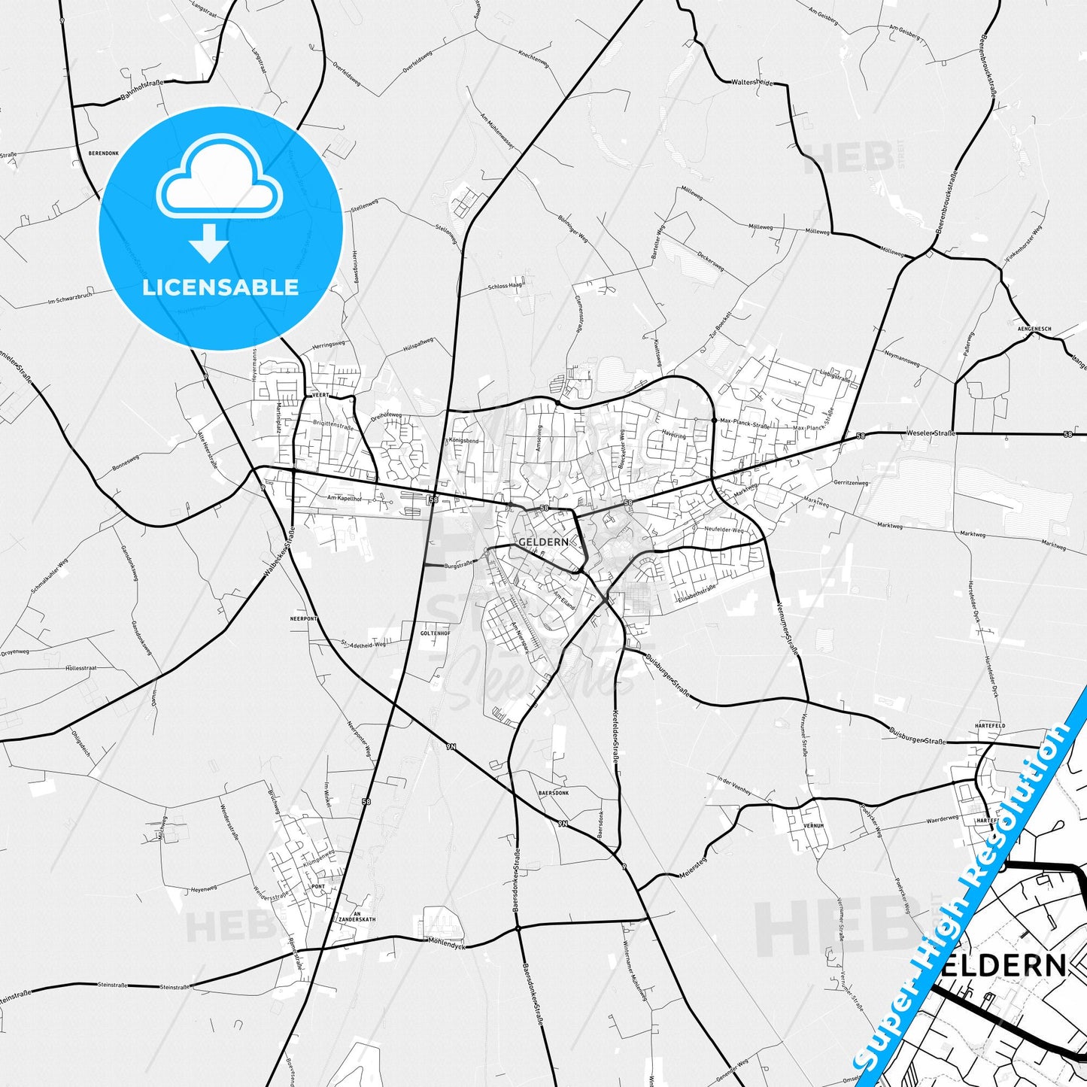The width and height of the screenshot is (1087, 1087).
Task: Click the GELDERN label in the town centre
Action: tap(542, 542)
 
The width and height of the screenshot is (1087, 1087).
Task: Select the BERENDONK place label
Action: tap(104, 153)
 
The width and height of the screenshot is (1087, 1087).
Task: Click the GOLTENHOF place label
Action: tap(435, 633)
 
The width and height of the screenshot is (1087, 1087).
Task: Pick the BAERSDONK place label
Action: tap(554, 794)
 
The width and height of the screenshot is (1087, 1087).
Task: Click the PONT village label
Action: tap(318, 886)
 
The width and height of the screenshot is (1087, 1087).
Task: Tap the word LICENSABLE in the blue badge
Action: tap(220, 287)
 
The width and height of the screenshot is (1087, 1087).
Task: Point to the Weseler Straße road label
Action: tap(931, 433)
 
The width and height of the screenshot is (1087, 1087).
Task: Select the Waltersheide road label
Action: tap(751, 83)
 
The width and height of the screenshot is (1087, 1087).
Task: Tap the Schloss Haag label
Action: tap(505, 286)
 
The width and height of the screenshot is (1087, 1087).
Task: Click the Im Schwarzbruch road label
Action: tap(70, 298)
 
